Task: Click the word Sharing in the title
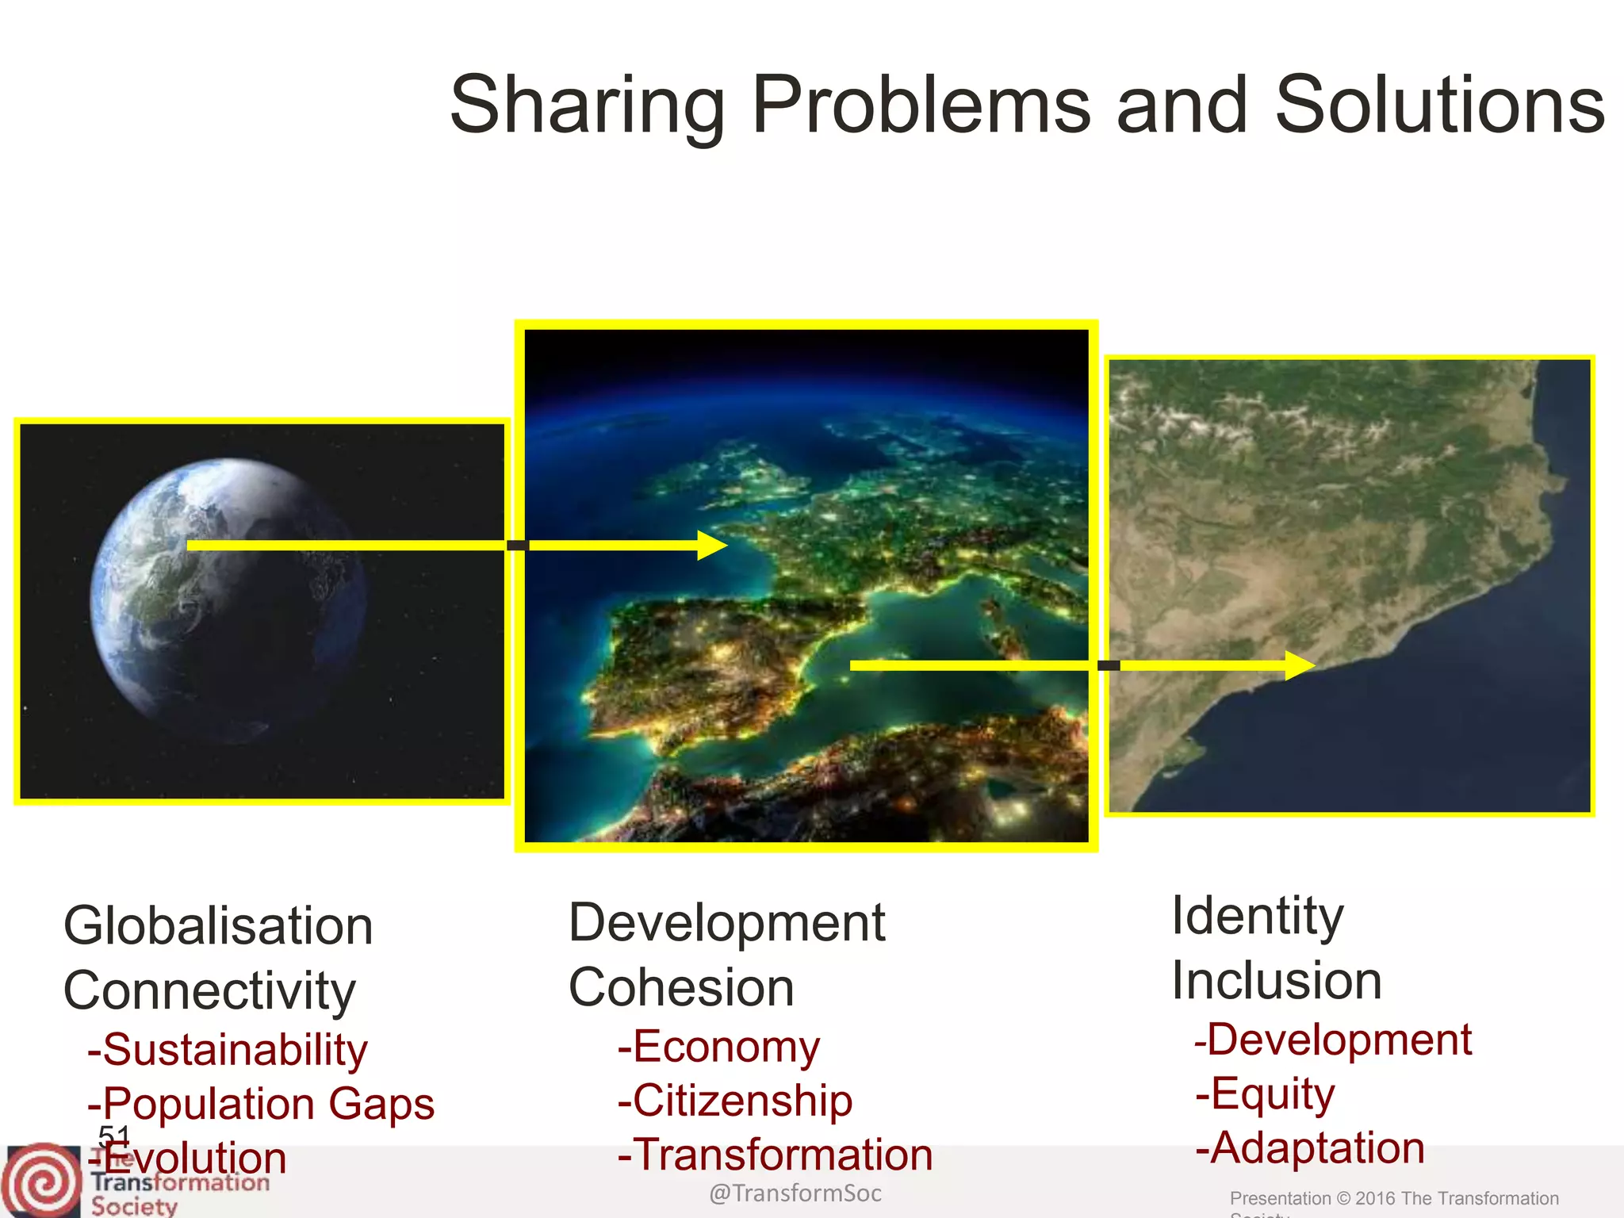coord(587,105)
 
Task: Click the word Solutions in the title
coord(1439,105)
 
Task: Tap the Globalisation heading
coord(218,925)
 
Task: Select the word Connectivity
coord(209,990)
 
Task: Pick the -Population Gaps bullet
coord(262,1103)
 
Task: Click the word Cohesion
coord(681,987)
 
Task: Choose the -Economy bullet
coord(718,1046)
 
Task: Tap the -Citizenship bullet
coord(735,1100)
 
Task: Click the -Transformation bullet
coord(776,1154)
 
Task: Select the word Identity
coord(1258,916)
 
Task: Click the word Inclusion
coord(1277,981)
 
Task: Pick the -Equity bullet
coord(1266,1094)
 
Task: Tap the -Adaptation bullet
coord(1310,1147)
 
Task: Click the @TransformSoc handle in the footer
coord(795,1193)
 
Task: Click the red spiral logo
coord(41,1182)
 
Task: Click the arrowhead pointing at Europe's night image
coord(711,546)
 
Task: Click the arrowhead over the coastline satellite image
coord(1299,665)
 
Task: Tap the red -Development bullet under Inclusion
coord(1333,1040)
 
